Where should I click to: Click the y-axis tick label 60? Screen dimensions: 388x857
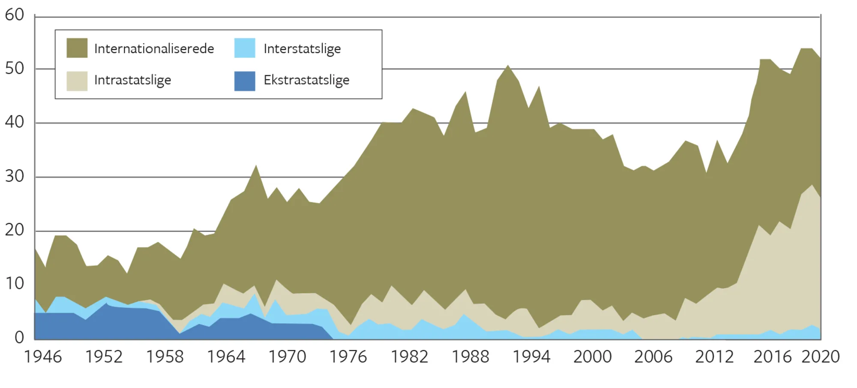coord(14,15)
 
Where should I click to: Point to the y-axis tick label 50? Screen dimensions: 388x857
coord(14,69)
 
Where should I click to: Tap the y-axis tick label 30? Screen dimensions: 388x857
coord(14,176)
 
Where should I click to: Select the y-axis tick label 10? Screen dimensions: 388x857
coord(14,283)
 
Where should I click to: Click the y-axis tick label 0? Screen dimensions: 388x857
coord(19,338)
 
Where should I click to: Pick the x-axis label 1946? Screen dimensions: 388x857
coord(43,357)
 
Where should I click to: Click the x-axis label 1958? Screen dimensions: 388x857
coord(165,357)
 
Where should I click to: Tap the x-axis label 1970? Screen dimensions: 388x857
coord(287,357)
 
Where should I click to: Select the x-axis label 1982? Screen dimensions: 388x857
coord(409,357)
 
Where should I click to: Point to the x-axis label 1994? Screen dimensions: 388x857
coord(531,357)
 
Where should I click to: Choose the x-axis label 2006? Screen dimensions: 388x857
coord(653,357)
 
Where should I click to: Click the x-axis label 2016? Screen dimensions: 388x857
coord(772,357)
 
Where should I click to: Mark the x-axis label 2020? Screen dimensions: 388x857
coord(821,357)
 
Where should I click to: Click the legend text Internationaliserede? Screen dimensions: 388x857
coord(154,48)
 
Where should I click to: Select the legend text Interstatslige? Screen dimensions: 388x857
coord(302,49)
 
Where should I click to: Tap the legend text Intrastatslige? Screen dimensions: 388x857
coord(132,80)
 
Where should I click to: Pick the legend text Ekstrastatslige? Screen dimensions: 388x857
coord(306,80)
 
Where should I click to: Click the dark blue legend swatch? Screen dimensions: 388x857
coord(245,81)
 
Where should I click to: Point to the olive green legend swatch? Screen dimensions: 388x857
coord(77,48)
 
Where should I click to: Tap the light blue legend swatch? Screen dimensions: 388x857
coord(245,48)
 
